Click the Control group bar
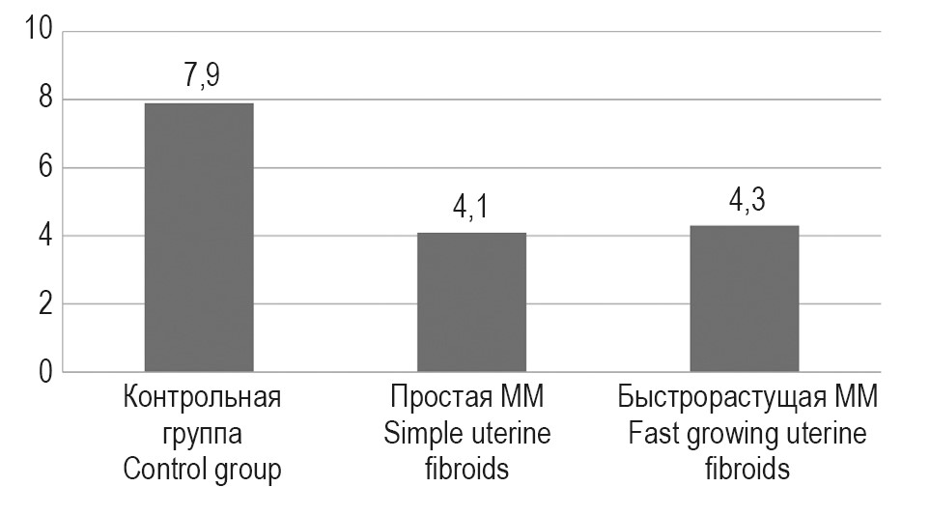click(198, 237)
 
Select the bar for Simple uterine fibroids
click(471, 301)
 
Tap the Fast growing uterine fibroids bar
click(744, 299)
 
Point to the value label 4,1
click(471, 209)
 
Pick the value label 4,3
click(744, 202)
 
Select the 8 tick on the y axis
click(43, 100)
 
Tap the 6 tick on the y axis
click(43, 168)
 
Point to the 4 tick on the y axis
click(43, 237)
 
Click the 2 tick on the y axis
click(43, 304)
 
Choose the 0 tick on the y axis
click(43, 373)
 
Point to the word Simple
click(418, 434)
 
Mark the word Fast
click(651, 434)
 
